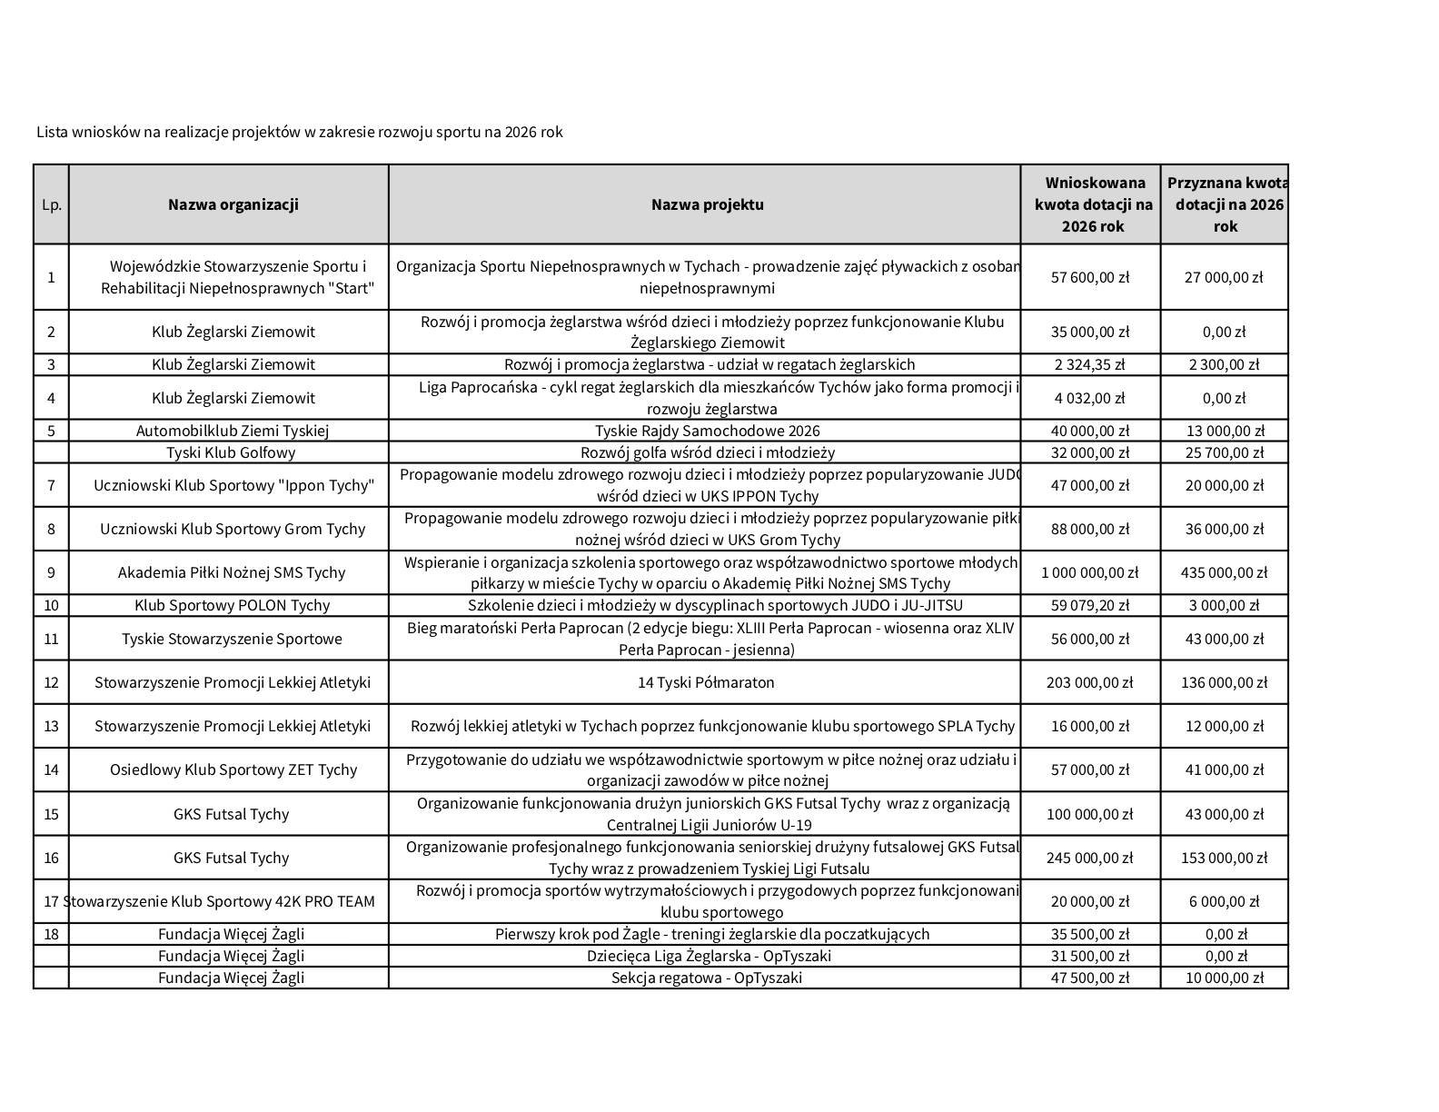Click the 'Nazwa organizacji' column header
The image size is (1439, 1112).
[233, 204]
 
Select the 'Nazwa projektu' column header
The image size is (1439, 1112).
[707, 204]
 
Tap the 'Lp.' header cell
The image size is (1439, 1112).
[52, 204]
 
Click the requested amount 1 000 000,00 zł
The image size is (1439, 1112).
[1089, 572]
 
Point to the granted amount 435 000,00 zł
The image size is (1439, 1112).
[1224, 572]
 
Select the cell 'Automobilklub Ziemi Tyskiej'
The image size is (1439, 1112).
[233, 431]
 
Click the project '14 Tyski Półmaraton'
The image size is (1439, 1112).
[706, 682]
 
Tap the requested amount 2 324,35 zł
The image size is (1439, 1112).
[1089, 364]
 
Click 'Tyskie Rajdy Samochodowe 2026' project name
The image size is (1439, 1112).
[707, 431]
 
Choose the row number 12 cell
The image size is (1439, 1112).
[51, 682]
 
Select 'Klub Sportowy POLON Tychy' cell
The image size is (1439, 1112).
[233, 605]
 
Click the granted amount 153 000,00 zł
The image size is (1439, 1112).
[1224, 858]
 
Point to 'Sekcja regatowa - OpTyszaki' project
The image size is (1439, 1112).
[706, 978]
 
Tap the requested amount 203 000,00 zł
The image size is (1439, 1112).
[1089, 682]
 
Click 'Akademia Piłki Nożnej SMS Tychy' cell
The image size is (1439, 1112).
[232, 572]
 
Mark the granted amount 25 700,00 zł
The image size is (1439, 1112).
[1224, 452]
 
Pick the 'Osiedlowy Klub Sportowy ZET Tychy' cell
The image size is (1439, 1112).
[233, 769]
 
